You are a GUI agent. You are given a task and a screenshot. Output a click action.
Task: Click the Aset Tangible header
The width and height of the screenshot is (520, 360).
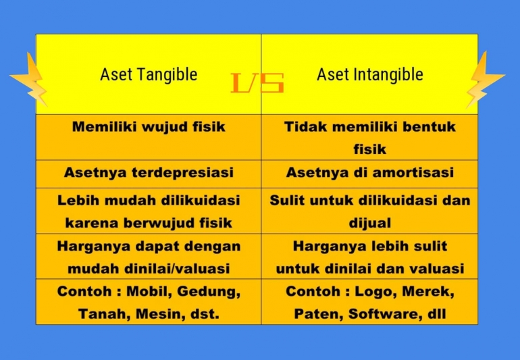coord(149,74)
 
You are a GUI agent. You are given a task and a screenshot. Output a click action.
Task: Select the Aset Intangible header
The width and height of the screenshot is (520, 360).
coord(369,74)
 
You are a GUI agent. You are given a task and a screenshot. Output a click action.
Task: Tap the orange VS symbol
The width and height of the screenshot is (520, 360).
coord(257,83)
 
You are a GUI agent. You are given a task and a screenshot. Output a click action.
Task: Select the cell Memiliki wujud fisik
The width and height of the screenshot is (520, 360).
coord(149,127)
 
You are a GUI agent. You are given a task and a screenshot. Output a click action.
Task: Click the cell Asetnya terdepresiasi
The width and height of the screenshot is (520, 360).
coord(149,173)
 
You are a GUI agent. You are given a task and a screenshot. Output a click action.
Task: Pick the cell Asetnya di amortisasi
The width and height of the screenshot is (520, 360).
coord(369,173)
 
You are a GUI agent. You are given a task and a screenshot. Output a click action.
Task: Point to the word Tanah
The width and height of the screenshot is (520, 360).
coord(101,314)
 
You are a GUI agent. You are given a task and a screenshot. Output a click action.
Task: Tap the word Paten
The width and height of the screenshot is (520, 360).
coord(317,314)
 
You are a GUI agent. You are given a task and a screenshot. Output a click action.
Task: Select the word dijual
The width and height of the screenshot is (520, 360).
coord(369,223)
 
